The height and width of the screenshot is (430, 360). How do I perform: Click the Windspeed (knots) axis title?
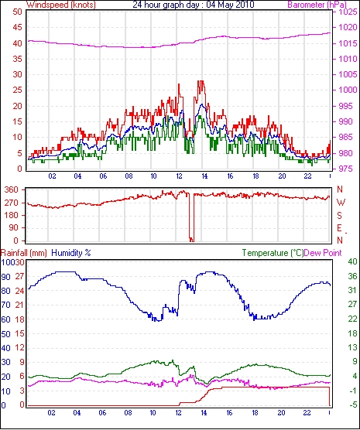pos(61,5)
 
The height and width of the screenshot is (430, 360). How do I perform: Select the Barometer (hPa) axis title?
pos(317,5)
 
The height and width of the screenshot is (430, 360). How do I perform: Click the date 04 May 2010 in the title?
pos(230,5)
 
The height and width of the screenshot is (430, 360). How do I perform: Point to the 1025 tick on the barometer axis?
pos(348,12)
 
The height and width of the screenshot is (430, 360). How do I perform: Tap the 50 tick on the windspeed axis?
pos(17,12)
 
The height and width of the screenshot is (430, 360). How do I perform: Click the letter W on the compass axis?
pos(341,203)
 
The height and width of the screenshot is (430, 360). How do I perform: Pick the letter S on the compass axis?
pos(339,216)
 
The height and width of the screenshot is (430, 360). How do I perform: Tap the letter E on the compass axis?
pos(339,228)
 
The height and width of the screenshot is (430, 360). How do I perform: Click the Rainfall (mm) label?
pos(24,253)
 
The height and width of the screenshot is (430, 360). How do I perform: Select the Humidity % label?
pos(71,253)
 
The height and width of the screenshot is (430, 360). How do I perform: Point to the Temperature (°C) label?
pos(273,253)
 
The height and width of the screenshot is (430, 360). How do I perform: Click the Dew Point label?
pos(323,253)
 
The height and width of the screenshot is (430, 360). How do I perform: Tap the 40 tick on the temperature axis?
pos(352,261)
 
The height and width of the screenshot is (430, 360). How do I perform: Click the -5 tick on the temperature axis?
pos(352,404)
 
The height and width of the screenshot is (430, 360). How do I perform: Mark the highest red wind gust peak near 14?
pos(202,81)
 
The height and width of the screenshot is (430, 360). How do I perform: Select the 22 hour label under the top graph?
pos(307,176)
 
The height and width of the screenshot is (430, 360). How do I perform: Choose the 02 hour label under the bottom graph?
pos(51,412)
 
